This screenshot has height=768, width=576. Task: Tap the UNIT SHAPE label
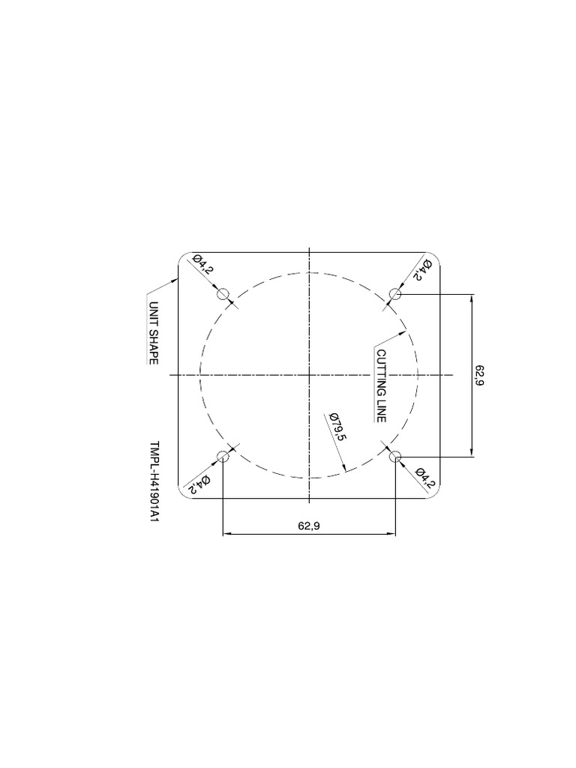coord(153,333)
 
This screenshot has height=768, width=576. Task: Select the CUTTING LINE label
coord(381,385)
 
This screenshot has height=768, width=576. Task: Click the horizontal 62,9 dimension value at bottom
coord(309,526)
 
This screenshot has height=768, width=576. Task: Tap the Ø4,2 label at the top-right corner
coord(418,270)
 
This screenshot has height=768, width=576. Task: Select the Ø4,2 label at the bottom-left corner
coord(198,482)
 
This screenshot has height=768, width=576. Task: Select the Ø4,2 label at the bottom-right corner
coord(424,477)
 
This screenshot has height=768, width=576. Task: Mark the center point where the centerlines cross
coord(310,375)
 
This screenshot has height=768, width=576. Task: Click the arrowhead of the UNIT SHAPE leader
coord(177,278)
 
